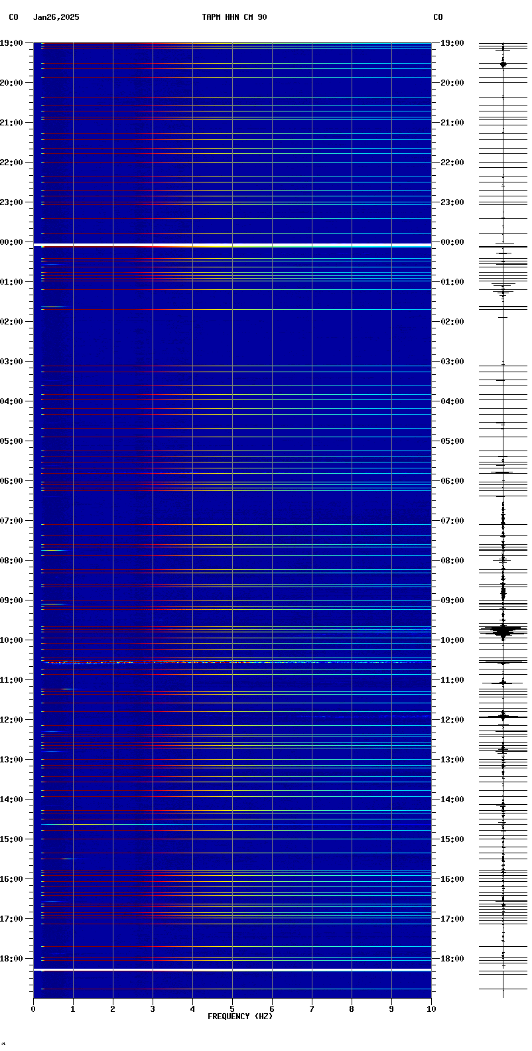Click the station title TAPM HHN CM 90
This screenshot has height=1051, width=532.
coord(234,17)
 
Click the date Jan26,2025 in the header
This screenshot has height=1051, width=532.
coord(56,17)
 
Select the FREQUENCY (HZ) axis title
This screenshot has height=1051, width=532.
coord(239,1016)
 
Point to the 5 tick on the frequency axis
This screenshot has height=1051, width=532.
coord(232,1009)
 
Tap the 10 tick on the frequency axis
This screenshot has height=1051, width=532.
coord(431,1009)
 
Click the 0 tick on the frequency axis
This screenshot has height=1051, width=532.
coord(33,1009)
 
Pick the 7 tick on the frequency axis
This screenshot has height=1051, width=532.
coord(312,1009)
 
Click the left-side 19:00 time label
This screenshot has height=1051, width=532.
coord(12,43)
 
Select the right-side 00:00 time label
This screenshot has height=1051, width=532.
coord(452,242)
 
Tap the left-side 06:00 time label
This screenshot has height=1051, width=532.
coord(12,481)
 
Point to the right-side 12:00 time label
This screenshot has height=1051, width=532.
coord(452,720)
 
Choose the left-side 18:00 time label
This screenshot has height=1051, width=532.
coord(12,959)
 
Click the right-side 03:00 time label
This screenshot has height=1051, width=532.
coord(452,362)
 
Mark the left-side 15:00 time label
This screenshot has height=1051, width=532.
coord(12,839)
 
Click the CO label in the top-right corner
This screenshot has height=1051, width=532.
coord(438,17)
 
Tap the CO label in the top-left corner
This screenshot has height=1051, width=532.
coord(13,17)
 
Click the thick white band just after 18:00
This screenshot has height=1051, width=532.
coord(232,970)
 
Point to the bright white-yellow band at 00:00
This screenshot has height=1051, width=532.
coord(232,245)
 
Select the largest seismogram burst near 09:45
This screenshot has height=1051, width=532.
coord(503,630)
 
